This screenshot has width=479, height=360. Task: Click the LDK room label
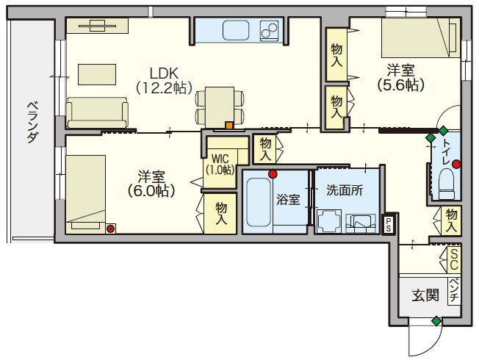164,81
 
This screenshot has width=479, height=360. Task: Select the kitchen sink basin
236,30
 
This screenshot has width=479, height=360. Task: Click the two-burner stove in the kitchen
269,30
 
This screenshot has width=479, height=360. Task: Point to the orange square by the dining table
229,126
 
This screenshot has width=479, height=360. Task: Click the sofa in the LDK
97,112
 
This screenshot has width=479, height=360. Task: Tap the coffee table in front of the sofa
97,74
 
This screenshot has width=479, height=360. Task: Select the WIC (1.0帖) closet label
220,165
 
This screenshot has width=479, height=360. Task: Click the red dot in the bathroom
273,174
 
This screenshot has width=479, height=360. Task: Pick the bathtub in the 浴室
259,202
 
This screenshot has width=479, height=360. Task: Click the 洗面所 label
345,190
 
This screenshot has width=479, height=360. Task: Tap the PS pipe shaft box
388,225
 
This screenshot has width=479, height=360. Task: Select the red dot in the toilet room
456,164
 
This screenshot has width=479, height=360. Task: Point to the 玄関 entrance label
425,295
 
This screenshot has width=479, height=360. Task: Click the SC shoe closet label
454,259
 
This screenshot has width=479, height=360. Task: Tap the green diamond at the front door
436,321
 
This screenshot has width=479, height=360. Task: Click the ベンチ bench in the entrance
454,291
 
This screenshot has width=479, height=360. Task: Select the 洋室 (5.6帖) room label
400,78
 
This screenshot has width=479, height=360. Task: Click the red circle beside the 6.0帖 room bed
110,228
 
